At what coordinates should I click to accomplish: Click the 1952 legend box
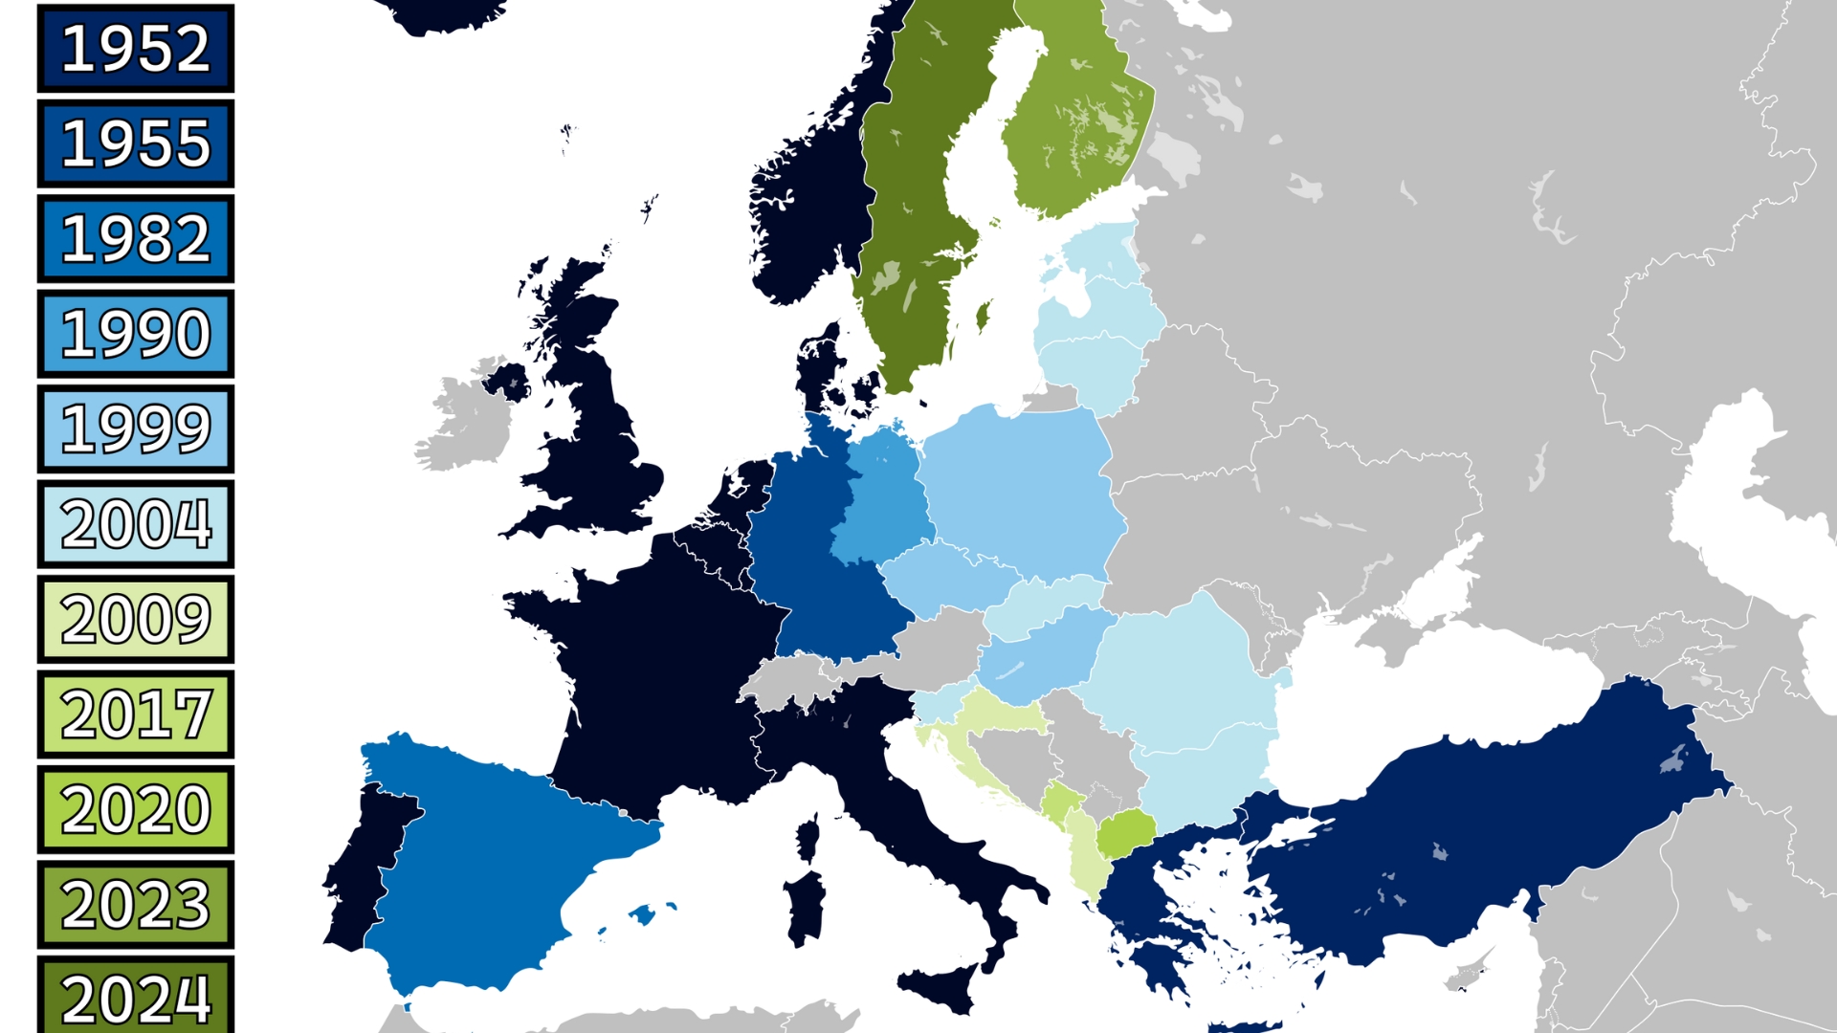coord(136,49)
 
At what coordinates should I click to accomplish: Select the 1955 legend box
coord(136,143)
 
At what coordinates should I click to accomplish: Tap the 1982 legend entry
coord(136,238)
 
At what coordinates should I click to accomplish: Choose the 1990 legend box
coord(136,334)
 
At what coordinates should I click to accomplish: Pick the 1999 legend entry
coord(136,429)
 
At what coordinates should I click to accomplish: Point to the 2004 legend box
coord(136,524)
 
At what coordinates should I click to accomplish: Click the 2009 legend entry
coord(136,619)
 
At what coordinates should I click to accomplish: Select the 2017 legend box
coord(136,714)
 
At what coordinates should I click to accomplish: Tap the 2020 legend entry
coord(136,809)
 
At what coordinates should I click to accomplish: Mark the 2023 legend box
coord(136,905)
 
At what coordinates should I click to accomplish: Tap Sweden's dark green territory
coord(909,210)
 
